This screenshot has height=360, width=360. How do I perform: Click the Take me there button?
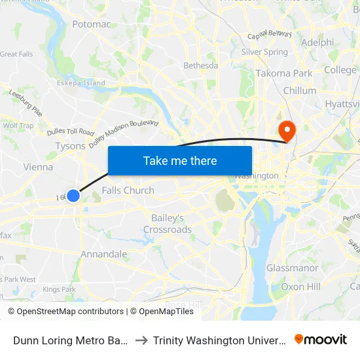180,160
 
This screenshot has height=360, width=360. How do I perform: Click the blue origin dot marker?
73,195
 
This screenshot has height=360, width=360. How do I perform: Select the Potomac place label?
91,24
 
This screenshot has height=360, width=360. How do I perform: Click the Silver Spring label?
264,52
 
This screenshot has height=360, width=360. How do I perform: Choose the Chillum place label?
299,90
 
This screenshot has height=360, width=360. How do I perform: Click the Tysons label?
70,146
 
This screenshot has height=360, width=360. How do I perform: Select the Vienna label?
38,167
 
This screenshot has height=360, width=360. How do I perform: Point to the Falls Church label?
128,190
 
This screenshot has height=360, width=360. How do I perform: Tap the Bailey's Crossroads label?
168,223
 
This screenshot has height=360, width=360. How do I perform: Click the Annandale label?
103,254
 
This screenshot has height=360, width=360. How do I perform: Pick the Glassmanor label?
292,268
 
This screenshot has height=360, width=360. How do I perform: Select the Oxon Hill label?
300,287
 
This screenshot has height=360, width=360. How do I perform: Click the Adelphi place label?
317,43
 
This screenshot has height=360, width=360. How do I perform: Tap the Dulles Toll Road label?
71,132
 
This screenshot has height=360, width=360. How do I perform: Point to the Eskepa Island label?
81,83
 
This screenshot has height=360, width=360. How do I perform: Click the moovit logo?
321,340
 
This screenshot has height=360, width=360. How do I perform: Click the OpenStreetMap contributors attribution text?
66,312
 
